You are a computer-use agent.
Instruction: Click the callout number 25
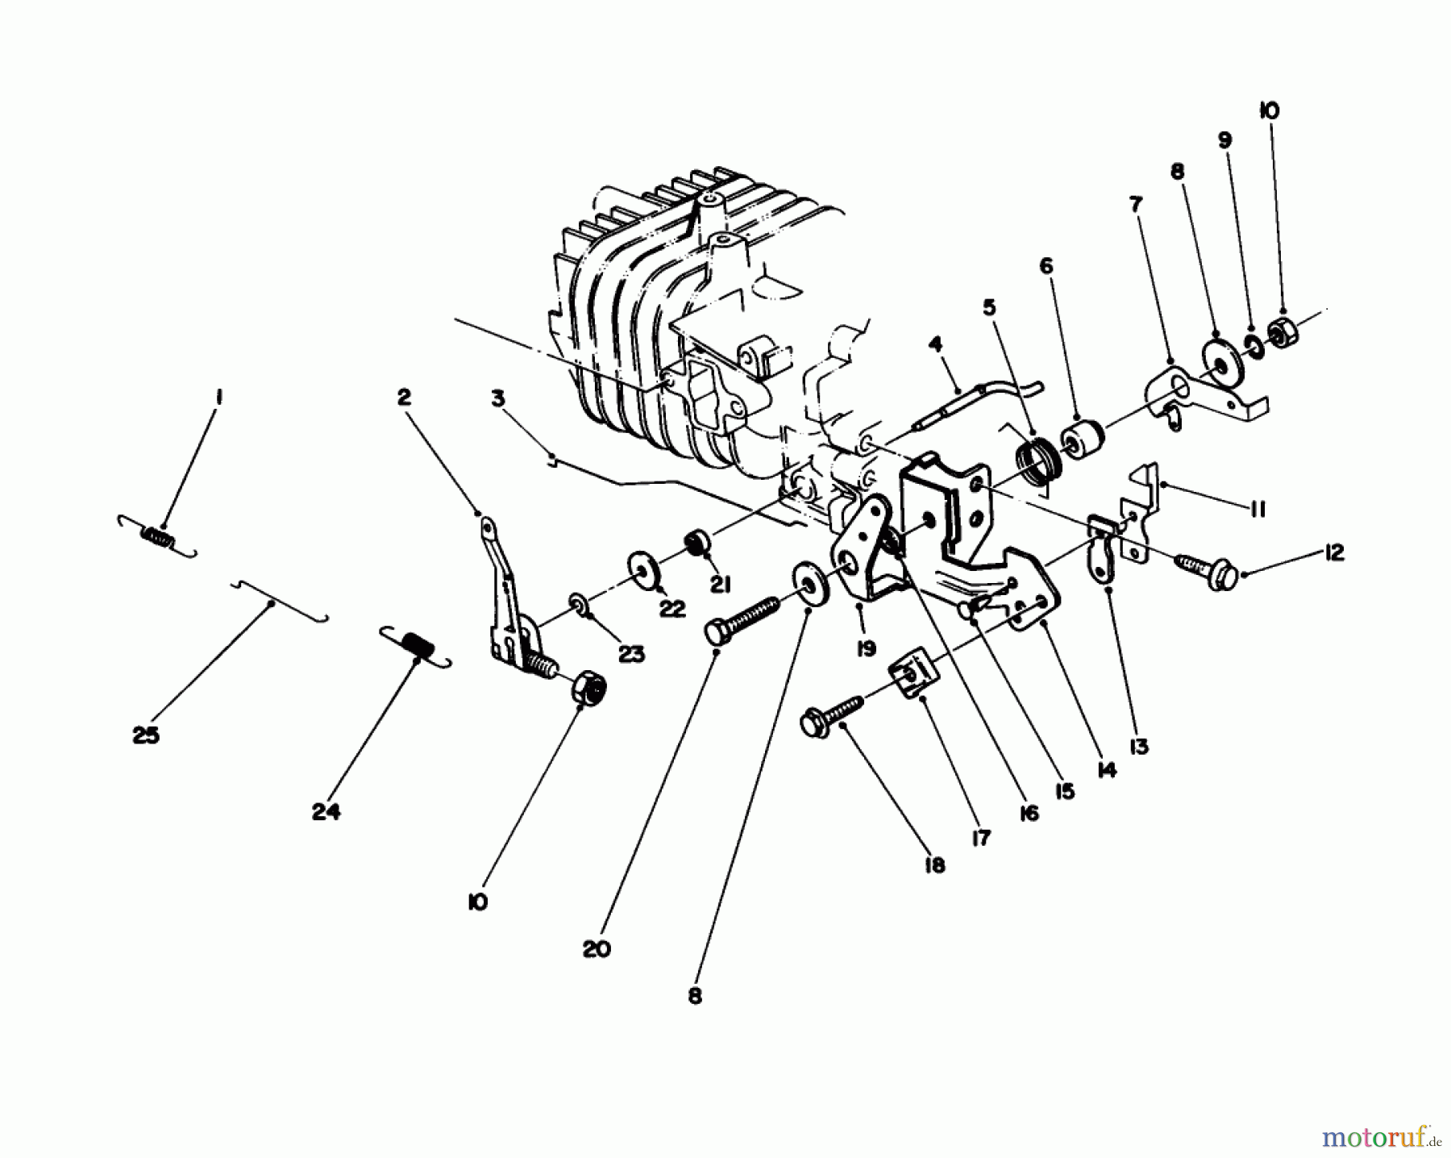point(147,735)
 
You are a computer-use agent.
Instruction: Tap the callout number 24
point(326,812)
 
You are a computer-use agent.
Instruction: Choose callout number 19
point(866,648)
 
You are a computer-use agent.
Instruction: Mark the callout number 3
point(497,398)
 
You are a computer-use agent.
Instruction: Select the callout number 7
point(1136,205)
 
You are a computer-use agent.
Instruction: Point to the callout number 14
point(1108,770)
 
